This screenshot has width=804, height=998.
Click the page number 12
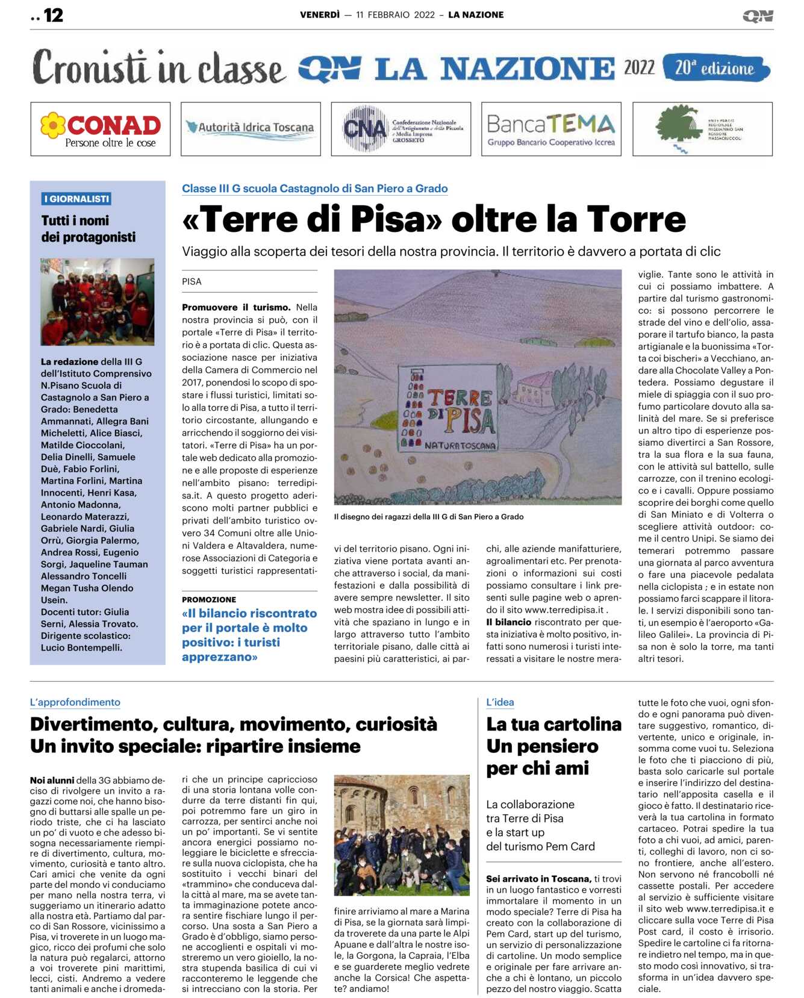[53, 15]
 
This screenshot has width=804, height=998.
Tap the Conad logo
[100, 129]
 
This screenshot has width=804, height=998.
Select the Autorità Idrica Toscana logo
[251, 128]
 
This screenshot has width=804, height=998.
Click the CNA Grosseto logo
[400, 129]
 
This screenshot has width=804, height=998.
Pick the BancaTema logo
[551, 129]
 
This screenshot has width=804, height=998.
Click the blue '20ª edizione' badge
[715, 68]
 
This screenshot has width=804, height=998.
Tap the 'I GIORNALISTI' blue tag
[76, 199]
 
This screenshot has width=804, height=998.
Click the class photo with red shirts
[97, 301]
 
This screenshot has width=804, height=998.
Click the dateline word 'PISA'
[192, 281]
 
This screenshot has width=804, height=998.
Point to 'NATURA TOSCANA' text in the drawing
[460, 446]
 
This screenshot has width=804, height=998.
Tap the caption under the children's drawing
[429, 517]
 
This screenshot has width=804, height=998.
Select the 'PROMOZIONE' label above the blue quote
[209, 599]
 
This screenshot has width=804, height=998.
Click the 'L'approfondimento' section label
[75, 702]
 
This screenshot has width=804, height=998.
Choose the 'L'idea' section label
[500, 702]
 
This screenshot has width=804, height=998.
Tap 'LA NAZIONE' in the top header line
[476, 15]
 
